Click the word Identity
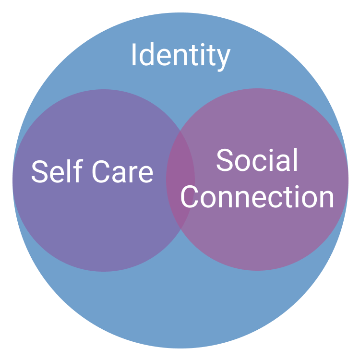coord(181,57)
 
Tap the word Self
coord(57,171)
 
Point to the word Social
coord(257,160)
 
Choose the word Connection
coord(257,197)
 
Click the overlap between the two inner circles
coord(180,180)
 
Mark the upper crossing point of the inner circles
coord(180,131)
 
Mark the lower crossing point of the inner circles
coord(180,229)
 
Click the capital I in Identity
coord(134,54)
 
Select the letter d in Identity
coord(146,54)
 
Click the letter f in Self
coord(79,171)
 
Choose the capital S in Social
coord(225,160)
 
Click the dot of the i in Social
coord(271,151)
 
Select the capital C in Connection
coord(190,197)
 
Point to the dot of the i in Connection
coord(297,187)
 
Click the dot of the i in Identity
coord(203,45)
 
